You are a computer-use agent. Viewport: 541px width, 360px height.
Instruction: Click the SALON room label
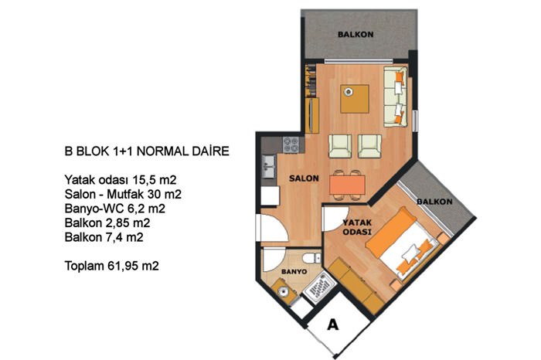pyautogui.click(x=304, y=178)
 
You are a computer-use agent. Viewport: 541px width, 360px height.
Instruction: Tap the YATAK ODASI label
pyautogui.click(x=357, y=227)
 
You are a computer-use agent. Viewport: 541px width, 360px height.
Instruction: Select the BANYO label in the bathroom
pyautogui.click(x=294, y=272)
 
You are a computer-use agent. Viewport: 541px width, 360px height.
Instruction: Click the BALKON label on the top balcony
pyautogui.click(x=356, y=35)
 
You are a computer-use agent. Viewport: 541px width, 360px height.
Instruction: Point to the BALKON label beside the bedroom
pyautogui.click(x=434, y=202)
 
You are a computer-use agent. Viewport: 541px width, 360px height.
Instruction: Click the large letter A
pyautogui.click(x=332, y=324)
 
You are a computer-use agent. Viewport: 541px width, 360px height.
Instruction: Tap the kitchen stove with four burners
pyautogui.click(x=291, y=144)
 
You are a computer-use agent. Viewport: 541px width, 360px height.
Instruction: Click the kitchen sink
pyautogui.click(x=268, y=166)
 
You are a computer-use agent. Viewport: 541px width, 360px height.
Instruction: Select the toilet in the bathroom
pyautogui.click(x=311, y=258)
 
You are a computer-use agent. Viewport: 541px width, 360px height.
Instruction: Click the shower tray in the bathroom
pyautogui.click(x=320, y=287)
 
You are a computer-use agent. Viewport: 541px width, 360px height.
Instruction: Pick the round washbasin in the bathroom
pyautogui.click(x=284, y=291)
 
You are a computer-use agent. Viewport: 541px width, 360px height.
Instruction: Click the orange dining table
pyautogui.click(x=347, y=185)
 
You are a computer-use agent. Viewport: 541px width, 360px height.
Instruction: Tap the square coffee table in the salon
pyautogui.click(x=354, y=99)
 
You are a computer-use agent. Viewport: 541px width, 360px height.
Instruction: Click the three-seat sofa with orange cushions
pyautogui.click(x=396, y=97)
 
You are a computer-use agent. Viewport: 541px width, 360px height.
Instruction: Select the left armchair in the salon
pyautogui.click(x=340, y=146)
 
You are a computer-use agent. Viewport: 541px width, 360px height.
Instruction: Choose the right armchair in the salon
pyautogui.click(x=370, y=146)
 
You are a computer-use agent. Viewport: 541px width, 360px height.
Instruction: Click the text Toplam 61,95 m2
pyautogui.click(x=112, y=266)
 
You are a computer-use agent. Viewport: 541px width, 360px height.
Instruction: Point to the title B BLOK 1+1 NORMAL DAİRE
pyautogui.click(x=147, y=151)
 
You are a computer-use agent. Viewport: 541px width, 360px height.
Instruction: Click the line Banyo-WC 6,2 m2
pyautogui.click(x=115, y=209)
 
